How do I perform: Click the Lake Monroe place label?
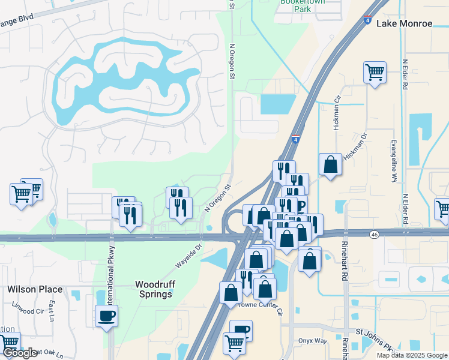point(404,23)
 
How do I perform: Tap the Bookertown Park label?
point(294,6)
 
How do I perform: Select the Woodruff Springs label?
point(154,289)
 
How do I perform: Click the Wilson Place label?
point(34,289)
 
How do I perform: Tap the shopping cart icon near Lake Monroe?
point(375,73)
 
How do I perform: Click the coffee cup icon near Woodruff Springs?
point(107,316)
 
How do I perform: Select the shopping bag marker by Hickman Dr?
point(330,164)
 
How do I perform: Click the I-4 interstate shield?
point(295,139)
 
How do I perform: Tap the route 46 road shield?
point(375,234)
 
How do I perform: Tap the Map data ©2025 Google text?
point(411,355)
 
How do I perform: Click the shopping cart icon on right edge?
point(443,209)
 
